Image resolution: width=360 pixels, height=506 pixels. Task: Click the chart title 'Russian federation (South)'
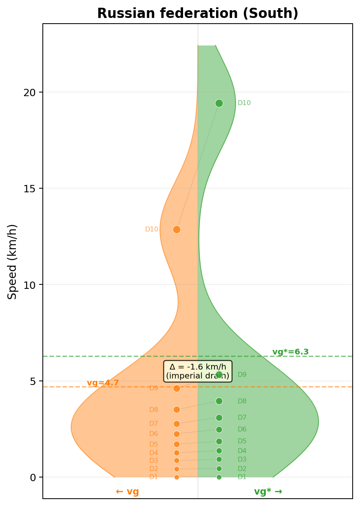click(198, 13)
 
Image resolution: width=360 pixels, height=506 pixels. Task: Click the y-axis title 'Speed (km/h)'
click(13, 262)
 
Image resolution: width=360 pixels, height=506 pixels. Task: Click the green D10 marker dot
click(219, 103)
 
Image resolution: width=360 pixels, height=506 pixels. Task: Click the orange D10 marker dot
click(177, 229)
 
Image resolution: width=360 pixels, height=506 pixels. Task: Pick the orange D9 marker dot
click(177, 388)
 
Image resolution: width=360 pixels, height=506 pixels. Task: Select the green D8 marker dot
click(219, 401)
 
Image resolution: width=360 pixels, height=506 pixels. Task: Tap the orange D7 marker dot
click(177, 424)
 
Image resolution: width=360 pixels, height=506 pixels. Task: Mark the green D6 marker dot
click(219, 429)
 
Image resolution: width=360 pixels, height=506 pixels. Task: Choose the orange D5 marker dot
click(177, 444)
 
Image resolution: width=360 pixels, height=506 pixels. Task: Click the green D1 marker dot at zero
click(219, 477)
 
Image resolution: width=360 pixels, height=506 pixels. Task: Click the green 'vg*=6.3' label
click(290, 352)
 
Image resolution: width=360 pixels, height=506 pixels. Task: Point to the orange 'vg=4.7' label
click(103, 383)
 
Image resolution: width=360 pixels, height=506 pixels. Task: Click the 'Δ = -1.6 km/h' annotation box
click(198, 371)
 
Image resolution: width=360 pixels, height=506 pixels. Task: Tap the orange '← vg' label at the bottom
click(127, 491)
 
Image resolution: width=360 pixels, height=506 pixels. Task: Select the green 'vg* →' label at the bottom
click(268, 491)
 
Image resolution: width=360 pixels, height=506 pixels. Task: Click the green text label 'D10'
click(244, 103)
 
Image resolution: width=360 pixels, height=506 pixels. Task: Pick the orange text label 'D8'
click(154, 410)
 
